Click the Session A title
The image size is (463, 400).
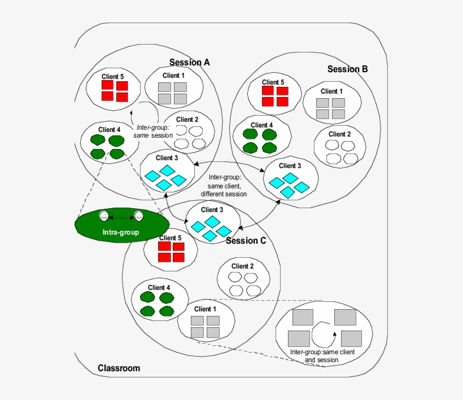(x=190, y=62)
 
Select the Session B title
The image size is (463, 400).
(x=347, y=69)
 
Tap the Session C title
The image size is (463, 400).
(x=246, y=240)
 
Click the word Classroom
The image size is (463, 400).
(x=119, y=368)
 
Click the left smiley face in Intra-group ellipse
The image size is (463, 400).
(x=104, y=216)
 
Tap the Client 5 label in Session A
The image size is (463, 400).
(x=113, y=76)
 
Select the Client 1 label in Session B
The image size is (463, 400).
(x=332, y=91)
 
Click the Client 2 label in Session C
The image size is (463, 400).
(x=242, y=266)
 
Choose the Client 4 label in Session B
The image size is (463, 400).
(x=261, y=125)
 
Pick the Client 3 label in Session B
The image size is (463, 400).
(x=290, y=165)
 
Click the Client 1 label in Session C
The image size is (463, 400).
(x=205, y=309)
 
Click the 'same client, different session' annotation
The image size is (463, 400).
(x=224, y=186)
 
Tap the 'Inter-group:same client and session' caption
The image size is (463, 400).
(x=322, y=355)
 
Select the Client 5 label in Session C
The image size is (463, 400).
(x=170, y=238)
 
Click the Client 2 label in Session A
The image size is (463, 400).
(x=187, y=119)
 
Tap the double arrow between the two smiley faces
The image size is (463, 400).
(x=121, y=217)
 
